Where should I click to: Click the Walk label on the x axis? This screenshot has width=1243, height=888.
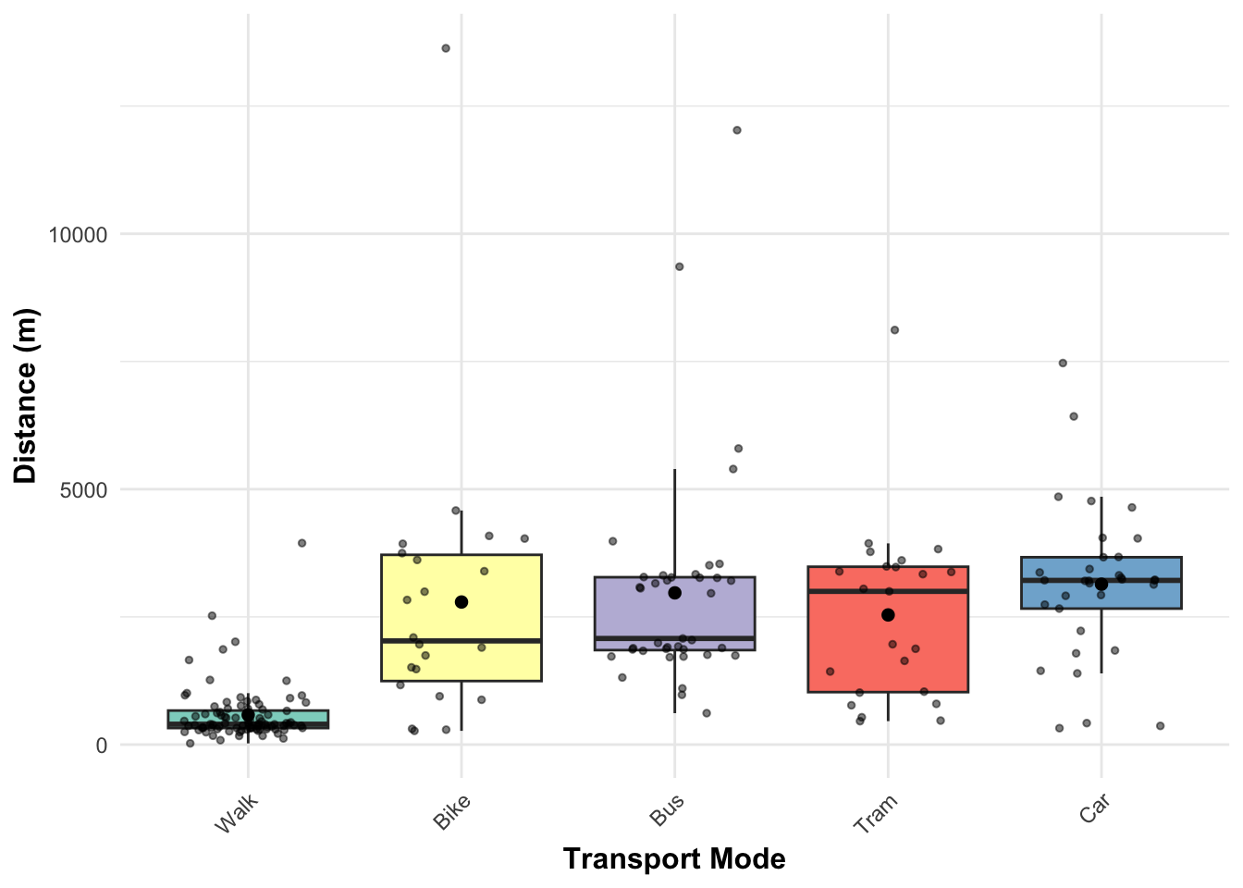pyautogui.click(x=235, y=813)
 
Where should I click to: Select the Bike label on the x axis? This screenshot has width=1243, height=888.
pyautogui.click(x=451, y=811)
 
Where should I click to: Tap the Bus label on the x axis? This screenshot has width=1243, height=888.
pyautogui.click(x=667, y=809)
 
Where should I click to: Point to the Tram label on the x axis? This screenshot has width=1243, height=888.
pyautogui.click(x=875, y=814)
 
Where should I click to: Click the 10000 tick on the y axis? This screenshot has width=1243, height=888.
pyautogui.click(x=79, y=235)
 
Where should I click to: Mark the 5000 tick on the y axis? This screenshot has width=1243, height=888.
pyautogui.click(x=84, y=489)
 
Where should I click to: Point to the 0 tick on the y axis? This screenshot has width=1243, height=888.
pyautogui.click(x=102, y=746)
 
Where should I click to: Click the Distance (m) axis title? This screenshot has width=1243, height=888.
pyautogui.click(x=26, y=396)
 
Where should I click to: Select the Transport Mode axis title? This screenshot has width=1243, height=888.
pyautogui.click(x=674, y=859)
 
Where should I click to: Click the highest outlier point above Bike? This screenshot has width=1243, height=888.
pyautogui.click(x=446, y=48)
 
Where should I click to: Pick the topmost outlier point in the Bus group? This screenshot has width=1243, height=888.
pyautogui.click(x=737, y=130)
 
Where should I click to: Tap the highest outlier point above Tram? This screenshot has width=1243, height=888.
pyautogui.click(x=894, y=330)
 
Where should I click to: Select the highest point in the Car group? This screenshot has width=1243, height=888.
pyautogui.click(x=1063, y=363)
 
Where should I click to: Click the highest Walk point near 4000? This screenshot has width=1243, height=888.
pyautogui.click(x=302, y=543)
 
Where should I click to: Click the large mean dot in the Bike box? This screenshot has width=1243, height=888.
pyautogui.click(x=462, y=602)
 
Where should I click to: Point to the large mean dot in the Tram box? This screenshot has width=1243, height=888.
pyautogui.click(x=888, y=615)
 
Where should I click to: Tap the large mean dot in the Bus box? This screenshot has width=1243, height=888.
pyautogui.click(x=675, y=593)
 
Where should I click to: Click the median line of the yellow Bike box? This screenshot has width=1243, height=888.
pyautogui.click(x=462, y=640)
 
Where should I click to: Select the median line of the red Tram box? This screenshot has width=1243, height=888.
pyautogui.click(x=888, y=590)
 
